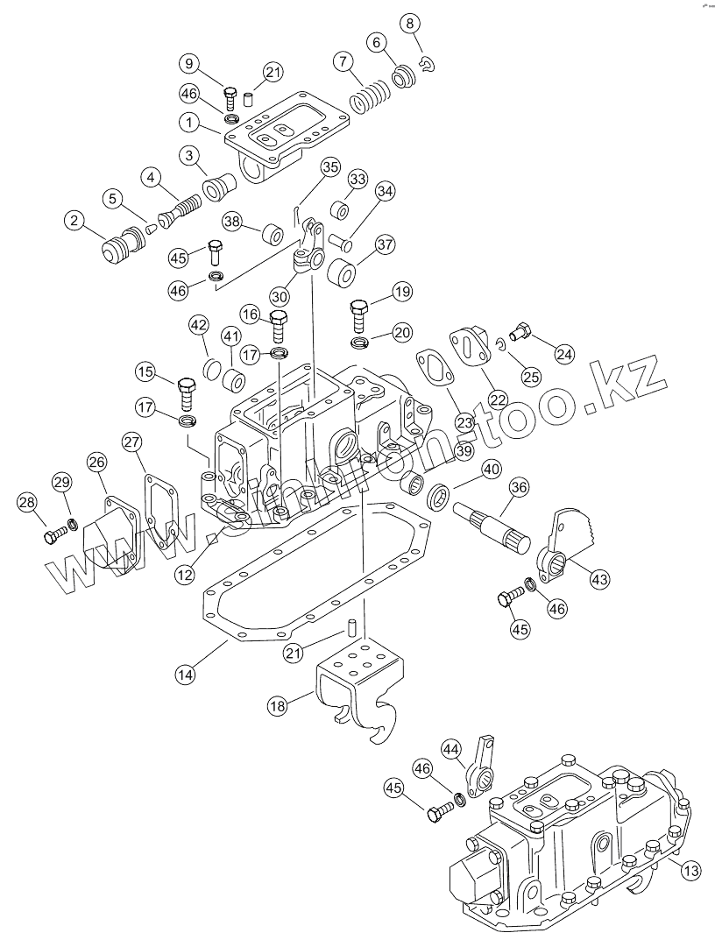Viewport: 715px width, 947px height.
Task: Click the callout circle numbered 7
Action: click(x=343, y=61)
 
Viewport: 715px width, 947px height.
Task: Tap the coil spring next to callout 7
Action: click(x=370, y=96)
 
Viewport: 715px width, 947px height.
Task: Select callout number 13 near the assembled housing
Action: click(x=692, y=870)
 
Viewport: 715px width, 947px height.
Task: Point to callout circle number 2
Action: click(x=74, y=220)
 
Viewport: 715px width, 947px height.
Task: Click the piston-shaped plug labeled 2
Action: click(x=123, y=244)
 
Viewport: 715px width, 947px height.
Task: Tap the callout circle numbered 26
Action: click(x=96, y=463)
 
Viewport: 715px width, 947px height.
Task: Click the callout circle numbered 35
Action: click(x=330, y=167)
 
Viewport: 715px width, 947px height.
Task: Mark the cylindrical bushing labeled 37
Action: click(x=342, y=272)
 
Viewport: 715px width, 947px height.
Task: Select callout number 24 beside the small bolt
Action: click(x=564, y=353)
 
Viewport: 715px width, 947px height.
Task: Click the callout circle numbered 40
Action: click(x=491, y=470)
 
